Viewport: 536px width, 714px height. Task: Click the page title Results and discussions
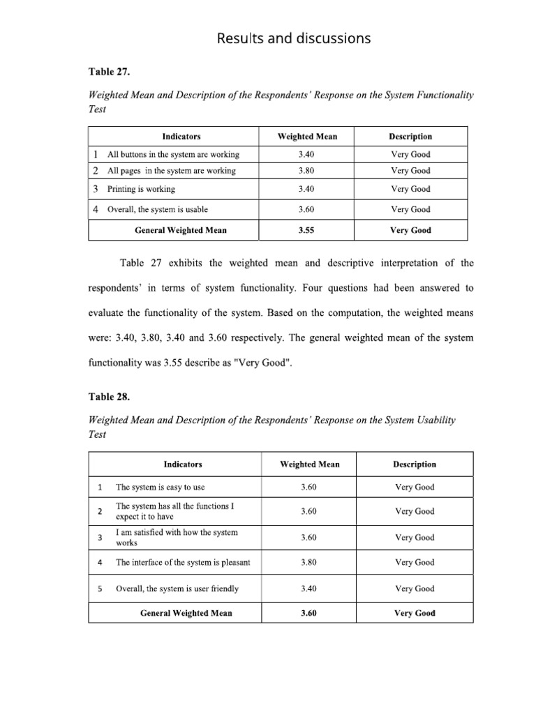tap(293, 39)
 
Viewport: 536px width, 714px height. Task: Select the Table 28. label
tap(108, 397)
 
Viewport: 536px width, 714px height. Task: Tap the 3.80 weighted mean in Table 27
tap(306, 171)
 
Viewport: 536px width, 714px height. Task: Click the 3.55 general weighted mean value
tap(306, 230)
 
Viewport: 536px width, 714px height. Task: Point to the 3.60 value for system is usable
tap(306, 209)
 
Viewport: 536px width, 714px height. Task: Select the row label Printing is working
tap(141, 189)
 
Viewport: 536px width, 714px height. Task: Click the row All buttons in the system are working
tap(173, 154)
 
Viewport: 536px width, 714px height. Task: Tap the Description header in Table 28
tap(415, 464)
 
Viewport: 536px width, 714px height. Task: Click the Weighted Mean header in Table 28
tap(309, 464)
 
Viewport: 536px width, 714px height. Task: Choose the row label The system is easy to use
tap(161, 487)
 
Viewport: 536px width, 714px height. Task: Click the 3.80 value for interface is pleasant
tap(309, 563)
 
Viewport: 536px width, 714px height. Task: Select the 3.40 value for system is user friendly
tap(309, 588)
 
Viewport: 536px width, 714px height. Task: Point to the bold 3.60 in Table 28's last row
tap(309, 614)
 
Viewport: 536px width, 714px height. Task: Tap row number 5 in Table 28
tap(100, 588)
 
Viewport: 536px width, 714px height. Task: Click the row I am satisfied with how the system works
tap(177, 537)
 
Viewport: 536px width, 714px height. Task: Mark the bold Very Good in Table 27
tap(410, 230)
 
